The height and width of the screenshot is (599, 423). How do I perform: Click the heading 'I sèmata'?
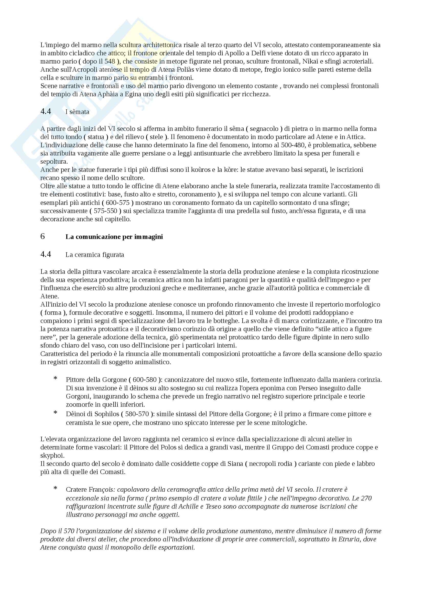point(77,112)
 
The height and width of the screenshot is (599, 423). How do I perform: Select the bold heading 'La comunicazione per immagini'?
point(114,237)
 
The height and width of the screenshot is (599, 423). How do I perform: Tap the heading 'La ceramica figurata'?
point(95,255)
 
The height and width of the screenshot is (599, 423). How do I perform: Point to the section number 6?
point(43,236)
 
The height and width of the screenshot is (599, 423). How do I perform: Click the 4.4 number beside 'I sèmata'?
point(46,111)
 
